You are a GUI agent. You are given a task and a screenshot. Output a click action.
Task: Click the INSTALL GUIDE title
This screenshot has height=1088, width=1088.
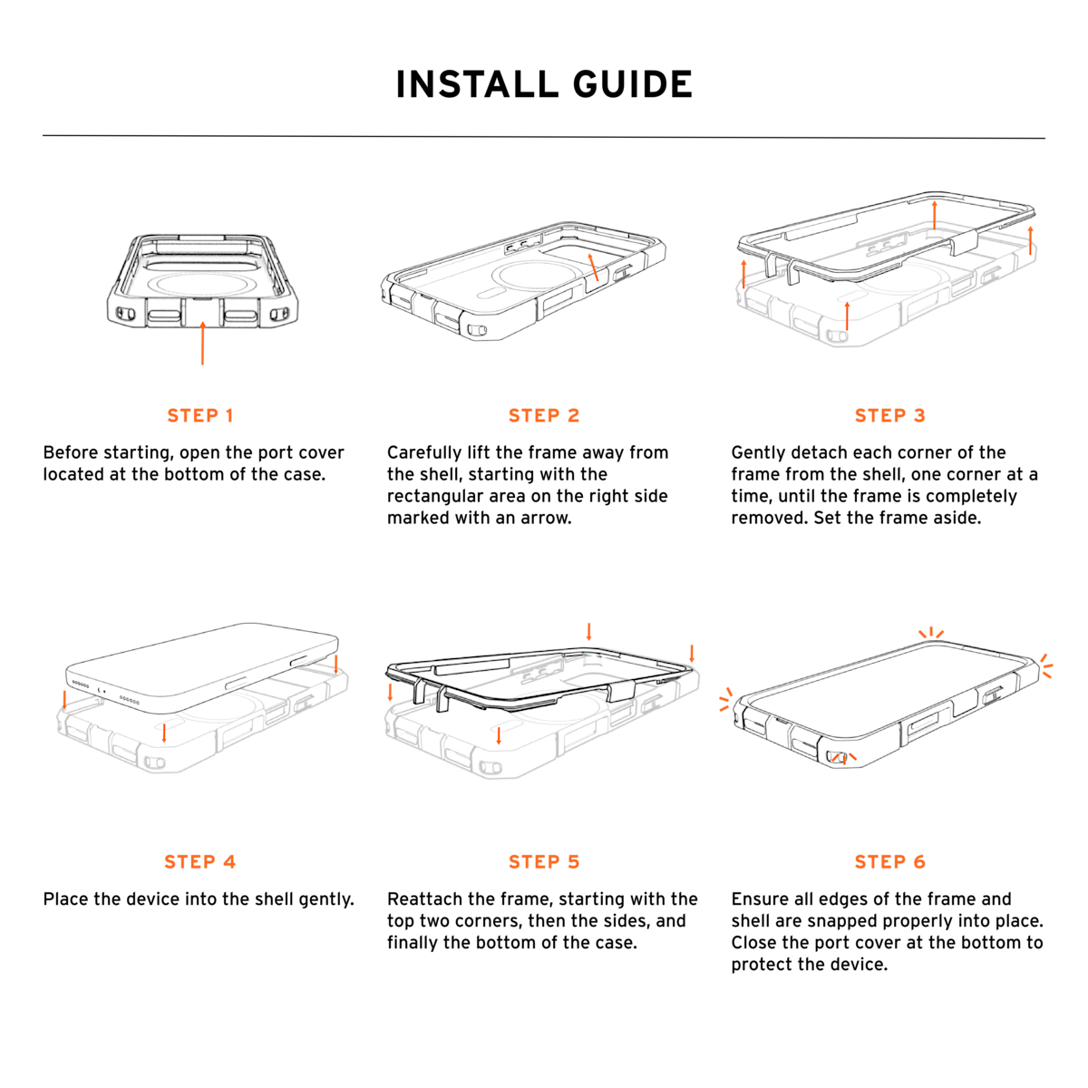click(x=544, y=84)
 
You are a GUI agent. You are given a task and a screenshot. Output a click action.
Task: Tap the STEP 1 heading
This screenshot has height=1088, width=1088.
click(x=199, y=415)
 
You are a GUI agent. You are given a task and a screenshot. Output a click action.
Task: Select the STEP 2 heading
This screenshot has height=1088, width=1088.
click(x=544, y=415)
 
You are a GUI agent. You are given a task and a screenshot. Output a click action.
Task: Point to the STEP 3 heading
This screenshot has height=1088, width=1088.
click(x=889, y=415)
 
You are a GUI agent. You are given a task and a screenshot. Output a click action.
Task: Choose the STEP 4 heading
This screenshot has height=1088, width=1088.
click(x=199, y=861)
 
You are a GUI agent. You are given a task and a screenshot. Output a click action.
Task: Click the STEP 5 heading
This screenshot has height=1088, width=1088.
click(x=544, y=861)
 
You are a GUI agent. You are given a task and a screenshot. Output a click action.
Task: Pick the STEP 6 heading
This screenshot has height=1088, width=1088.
click(x=889, y=861)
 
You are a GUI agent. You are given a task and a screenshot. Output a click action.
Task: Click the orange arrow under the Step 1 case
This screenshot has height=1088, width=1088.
click(x=203, y=343)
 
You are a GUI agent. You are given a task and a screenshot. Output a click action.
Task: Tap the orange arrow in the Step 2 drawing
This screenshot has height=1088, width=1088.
click(x=593, y=267)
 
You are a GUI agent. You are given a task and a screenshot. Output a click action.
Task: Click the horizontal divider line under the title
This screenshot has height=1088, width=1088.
click(x=544, y=137)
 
